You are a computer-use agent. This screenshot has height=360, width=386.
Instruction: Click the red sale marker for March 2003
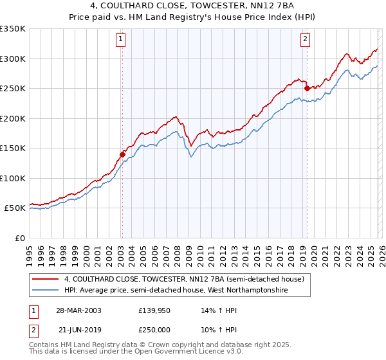coord(122,154)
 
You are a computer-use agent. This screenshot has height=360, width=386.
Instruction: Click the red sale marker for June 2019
coord(307,88)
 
